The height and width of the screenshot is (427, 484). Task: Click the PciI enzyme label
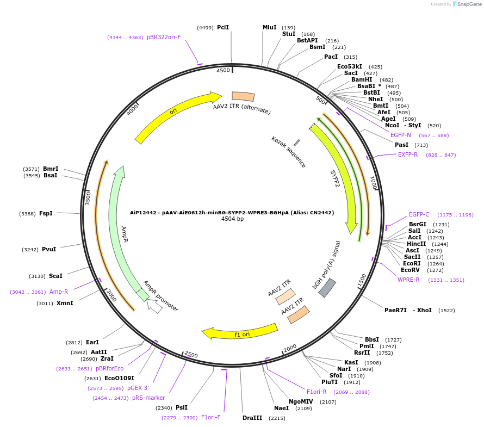click(222, 27)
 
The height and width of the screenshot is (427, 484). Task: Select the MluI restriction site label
click(270, 27)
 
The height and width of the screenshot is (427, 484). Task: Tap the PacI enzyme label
click(331, 57)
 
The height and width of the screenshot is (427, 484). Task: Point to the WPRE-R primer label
click(408, 280)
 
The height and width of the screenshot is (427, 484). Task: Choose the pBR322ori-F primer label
click(164, 38)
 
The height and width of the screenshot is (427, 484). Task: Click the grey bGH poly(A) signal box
click(327, 288)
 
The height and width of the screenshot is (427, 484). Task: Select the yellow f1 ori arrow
click(239, 330)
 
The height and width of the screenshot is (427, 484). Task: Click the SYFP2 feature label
click(336, 178)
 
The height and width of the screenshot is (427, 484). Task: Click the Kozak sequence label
click(288, 152)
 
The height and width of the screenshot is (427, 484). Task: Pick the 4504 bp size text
click(232, 219)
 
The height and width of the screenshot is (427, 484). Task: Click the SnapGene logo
click(467, 4)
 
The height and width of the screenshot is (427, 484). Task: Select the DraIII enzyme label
click(252, 418)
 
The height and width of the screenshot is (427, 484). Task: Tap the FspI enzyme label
click(46, 213)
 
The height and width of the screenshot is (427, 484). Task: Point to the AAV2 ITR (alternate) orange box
click(243, 96)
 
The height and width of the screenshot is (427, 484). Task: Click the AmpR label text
click(124, 234)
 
